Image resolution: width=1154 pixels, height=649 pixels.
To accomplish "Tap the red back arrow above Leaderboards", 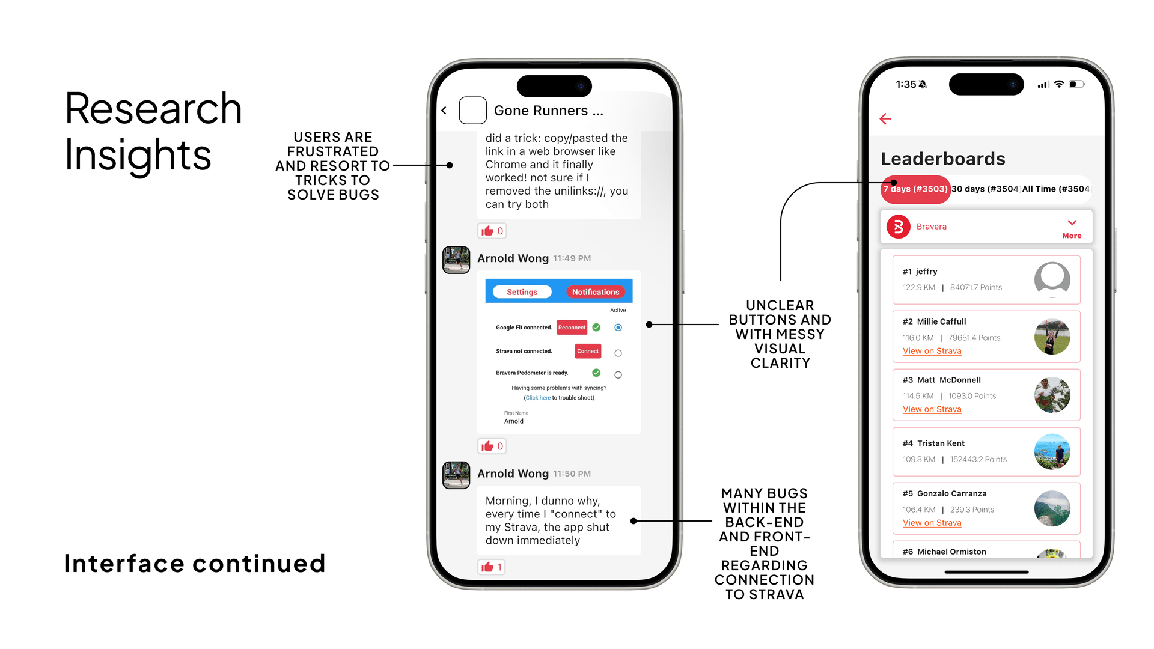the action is tap(885, 118).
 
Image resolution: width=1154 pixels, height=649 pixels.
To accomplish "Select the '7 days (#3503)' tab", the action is tap(915, 189).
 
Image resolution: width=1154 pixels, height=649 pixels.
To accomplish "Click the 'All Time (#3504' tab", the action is tap(1055, 189).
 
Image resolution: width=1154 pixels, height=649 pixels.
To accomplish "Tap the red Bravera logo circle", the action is tap(899, 227).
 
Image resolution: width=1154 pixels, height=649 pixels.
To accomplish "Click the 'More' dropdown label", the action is tap(1072, 236).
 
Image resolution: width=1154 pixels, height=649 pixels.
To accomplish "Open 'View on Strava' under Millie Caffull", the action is tap(932, 351).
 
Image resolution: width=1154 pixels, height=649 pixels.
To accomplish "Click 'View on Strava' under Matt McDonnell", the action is tap(932, 409).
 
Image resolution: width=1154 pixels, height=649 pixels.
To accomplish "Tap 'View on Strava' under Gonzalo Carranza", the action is tap(932, 523).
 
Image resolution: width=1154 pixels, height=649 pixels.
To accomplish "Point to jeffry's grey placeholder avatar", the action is tap(1052, 279).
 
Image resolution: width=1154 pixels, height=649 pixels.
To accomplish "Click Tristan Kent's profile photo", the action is tap(1052, 451).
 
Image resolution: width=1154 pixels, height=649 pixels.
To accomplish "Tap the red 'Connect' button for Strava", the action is tap(588, 351).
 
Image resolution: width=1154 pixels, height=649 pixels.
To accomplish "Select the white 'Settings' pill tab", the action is tap(522, 292).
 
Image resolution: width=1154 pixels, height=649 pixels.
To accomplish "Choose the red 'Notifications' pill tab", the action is tap(595, 292).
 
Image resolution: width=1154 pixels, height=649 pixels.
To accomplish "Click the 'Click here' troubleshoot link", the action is tap(538, 398).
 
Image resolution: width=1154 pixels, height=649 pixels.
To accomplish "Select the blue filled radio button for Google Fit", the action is tap(618, 328).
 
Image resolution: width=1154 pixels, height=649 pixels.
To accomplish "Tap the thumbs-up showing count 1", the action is tap(491, 567).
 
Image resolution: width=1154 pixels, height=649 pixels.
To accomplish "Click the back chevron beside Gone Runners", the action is tap(444, 111).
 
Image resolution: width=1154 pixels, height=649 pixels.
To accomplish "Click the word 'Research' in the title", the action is tap(153, 109).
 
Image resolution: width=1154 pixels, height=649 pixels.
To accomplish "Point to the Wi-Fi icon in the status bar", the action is tap(1059, 84).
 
